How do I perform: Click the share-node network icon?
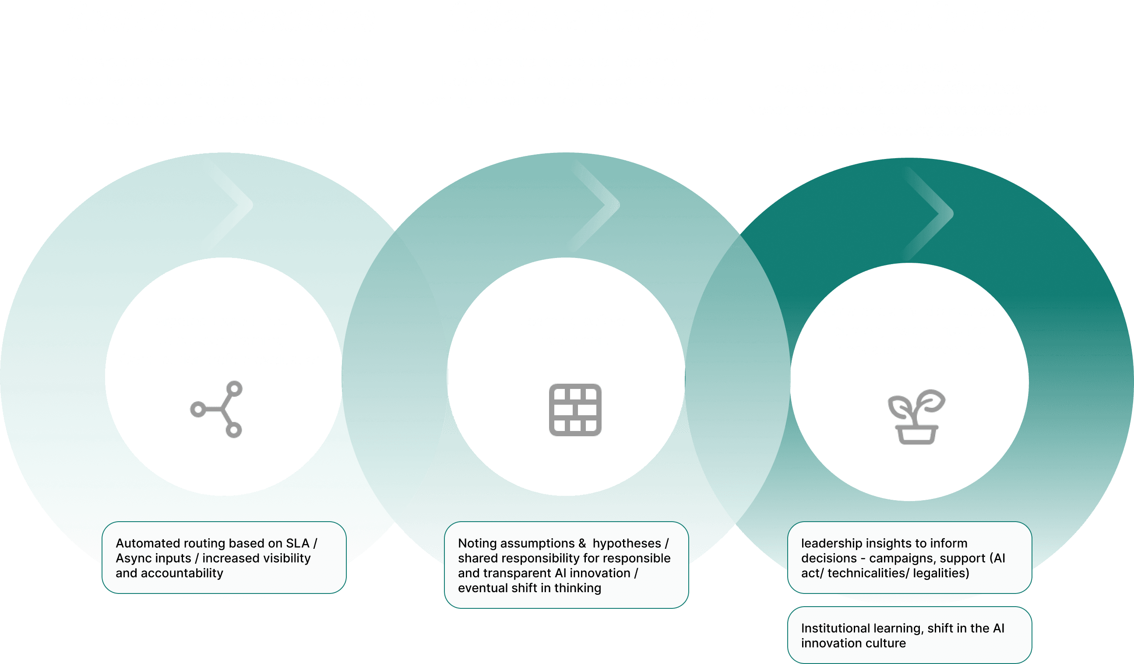click(217, 409)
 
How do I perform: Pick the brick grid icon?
click(575, 410)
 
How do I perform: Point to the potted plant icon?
click(916, 417)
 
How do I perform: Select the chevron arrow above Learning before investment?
click(599, 205)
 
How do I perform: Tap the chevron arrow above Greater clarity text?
click(932, 214)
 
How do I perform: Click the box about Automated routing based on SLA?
click(224, 557)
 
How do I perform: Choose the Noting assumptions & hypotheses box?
click(566, 565)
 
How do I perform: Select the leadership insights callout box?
click(909, 557)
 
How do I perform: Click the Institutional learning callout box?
click(909, 635)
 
